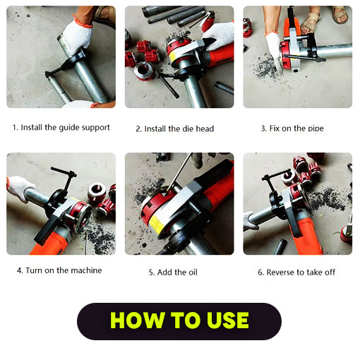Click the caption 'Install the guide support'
tap(61, 128)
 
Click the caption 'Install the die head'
tap(174, 128)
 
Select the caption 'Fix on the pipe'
tap(292, 128)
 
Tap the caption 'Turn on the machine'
tap(59, 270)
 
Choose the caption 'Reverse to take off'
tap(296, 272)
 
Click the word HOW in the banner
tap(136, 320)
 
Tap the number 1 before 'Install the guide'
tap(14, 128)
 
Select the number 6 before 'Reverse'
tap(260, 272)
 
